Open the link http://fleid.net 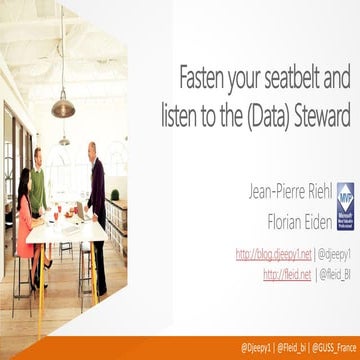(x=286, y=273)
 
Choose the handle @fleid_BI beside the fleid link (x=335, y=273)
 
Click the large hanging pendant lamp (x=63, y=105)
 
